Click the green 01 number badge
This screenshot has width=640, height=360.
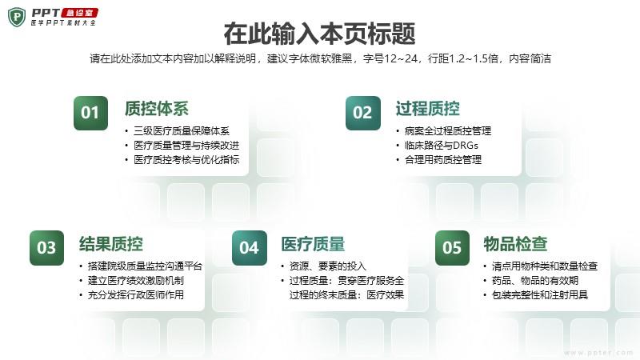pyautogui.click(x=90, y=113)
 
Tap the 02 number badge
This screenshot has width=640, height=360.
pyautogui.click(x=363, y=113)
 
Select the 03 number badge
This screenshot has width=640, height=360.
pyautogui.click(x=46, y=248)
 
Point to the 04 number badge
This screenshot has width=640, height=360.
pyautogui.click(x=250, y=248)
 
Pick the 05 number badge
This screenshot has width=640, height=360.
pyautogui.click(x=452, y=248)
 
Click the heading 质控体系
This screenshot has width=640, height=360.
pyautogui.click(x=157, y=109)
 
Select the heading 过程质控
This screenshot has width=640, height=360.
pyautogui.click(x=427, y=109)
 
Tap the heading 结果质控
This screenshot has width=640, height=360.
pyautogui.click(x=111, y=244)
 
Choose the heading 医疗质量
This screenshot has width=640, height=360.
pyautogui.click(x=313, y=244)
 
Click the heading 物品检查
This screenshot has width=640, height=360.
pyautogui.click(x=515, y=244)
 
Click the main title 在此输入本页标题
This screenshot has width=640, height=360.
pyautogui.click(x=319, y=34)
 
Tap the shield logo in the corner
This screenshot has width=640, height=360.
pyautogui.click(x=17, y=17)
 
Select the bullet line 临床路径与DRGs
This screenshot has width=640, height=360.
pyautogui.click(x=442, y=146)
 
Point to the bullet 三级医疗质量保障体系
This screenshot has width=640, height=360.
pyautogui.click(x=182, y=131)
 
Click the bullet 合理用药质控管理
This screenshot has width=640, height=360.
pyautogui.click(x=443, y=159)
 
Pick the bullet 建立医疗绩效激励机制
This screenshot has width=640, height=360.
pyautogui.click(x=135, y=281)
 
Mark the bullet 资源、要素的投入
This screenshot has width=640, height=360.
pyautogui.click(x=328, y=266)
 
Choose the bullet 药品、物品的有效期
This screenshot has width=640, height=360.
pyautogui.click(x=535, y=281)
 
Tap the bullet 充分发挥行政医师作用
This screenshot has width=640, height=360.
pyautogui.click(x=135, y=294)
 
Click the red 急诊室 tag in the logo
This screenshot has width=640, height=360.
pyautogui.click(x=79, y=13)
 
